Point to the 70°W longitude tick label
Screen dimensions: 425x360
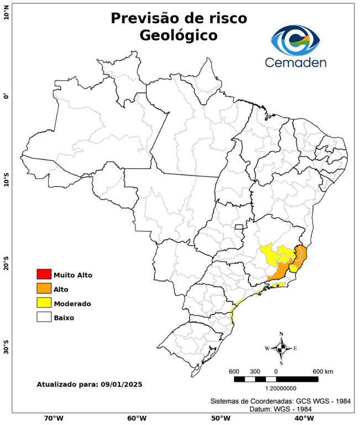pos(53,418)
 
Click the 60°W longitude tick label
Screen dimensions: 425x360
pos(137,418)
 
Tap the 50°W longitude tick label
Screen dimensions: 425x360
pos(220,418)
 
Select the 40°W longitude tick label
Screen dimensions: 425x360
pos(302,418)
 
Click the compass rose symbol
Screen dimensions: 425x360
pos(281,348)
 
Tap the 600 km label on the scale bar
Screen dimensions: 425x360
pos(323,371)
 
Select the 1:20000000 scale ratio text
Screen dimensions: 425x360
pos(276,388)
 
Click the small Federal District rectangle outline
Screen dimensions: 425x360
pos(239,227)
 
